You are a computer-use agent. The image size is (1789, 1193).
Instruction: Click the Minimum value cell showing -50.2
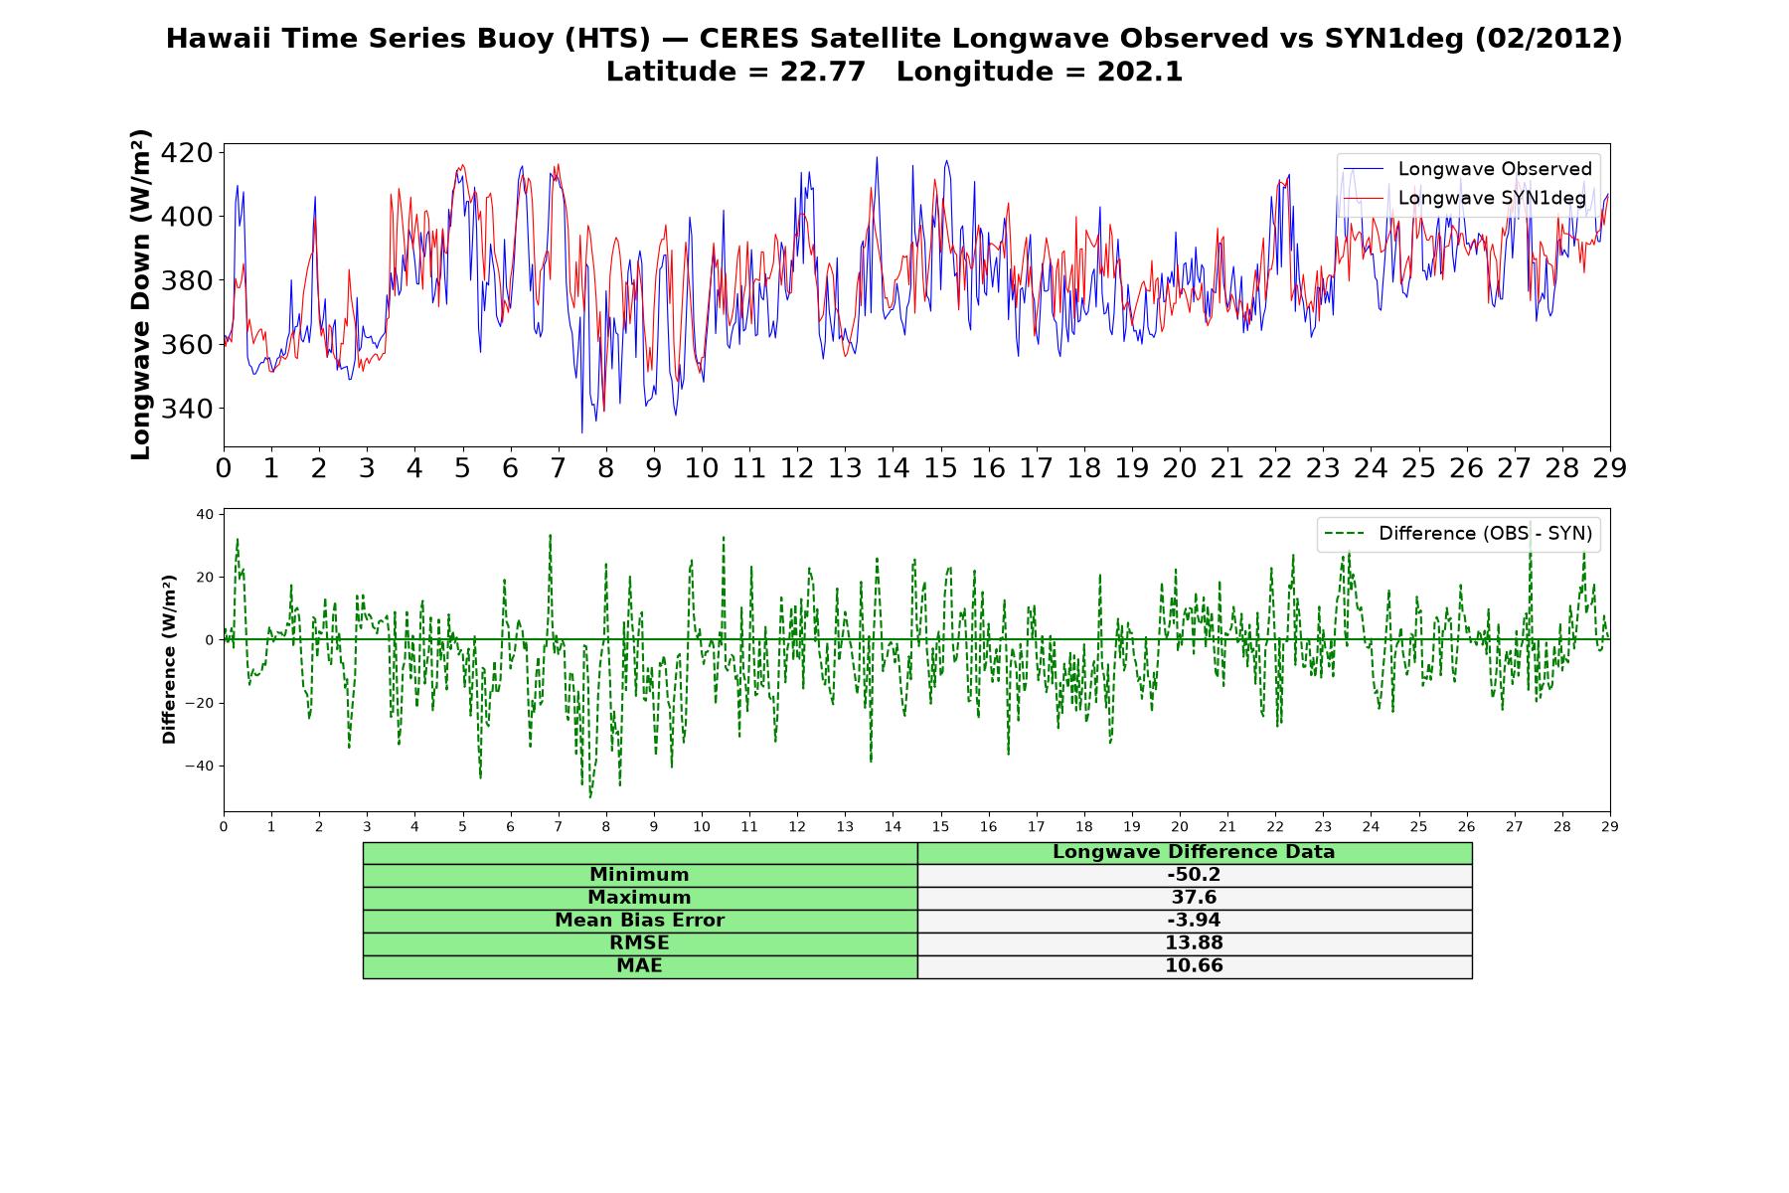(x=1194, y=875)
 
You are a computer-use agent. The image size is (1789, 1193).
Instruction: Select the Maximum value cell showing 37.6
(x=1194, y=898)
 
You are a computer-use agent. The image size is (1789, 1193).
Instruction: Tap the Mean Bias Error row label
(x=639, y=921)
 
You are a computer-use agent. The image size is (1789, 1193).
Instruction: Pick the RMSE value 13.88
(x=1194, y=943)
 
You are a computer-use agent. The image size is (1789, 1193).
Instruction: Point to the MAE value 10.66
(x=1194, y=966)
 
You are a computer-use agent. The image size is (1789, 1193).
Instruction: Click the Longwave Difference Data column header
(x=1194, y=852)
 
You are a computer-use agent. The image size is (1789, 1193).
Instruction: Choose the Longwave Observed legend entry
(x=1467, y=169)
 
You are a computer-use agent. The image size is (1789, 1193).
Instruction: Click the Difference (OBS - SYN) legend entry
(x=1459, y=534)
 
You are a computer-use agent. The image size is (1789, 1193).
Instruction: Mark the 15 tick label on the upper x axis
(x=940, y=468)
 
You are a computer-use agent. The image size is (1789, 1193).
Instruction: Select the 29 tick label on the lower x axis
(x=1610, y=827)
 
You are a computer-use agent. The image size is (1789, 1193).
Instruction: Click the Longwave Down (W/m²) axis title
(x=141, y=294)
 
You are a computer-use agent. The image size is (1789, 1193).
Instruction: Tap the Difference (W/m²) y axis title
(x=169, y=659)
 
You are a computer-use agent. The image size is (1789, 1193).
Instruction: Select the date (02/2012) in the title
(x=1548, y=39)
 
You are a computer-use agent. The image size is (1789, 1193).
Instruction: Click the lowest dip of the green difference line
(x=590, y=797)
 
